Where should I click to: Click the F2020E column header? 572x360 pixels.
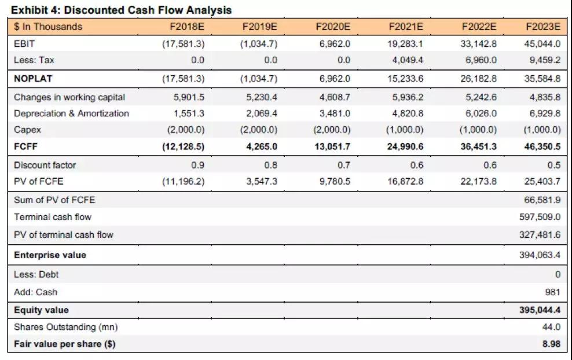point(333,27)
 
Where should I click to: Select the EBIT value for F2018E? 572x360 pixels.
point(183,43)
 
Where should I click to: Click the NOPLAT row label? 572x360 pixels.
point(33,79)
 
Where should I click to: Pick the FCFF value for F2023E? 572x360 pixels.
point(542,146)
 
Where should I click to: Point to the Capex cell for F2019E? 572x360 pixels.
point(258,130)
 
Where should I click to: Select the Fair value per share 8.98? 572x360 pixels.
point(551,344)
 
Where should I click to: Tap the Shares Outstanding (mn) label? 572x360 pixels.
point(65,327)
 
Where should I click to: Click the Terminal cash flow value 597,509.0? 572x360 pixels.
point(540,217)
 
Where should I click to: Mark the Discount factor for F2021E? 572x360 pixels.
point(416,165)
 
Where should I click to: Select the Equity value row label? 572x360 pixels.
point(41,310)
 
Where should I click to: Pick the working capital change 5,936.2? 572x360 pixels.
point(405,97)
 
